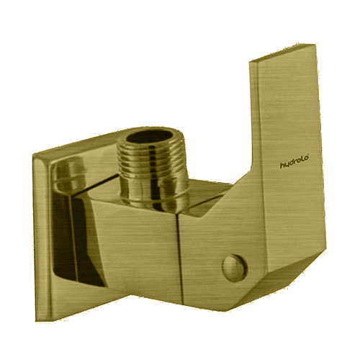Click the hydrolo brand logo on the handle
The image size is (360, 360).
coord(294,162)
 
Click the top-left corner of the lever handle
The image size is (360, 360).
coord(250,63)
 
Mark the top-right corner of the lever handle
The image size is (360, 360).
coord(315,44)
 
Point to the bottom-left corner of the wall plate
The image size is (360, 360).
coord(36,321)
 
